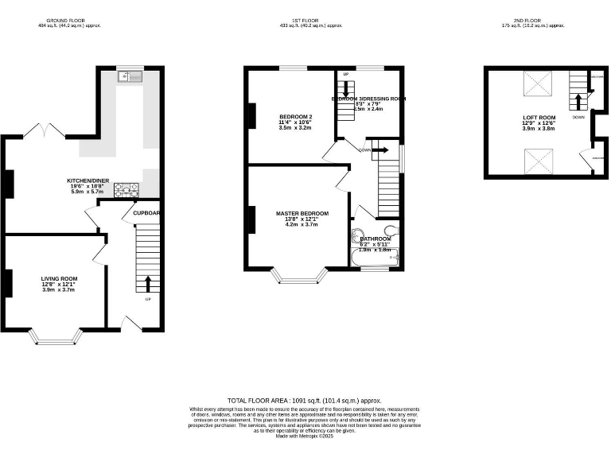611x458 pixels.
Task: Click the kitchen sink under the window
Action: (x=127, y=76)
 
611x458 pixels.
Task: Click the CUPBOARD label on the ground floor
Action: (x=146, y=213)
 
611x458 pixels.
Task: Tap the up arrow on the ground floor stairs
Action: (x=148, y=284)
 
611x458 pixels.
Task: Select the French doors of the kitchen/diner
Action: (x=43, y=130)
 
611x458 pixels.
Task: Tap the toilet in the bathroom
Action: (x=388, y=233)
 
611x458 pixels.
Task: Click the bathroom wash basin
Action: (x=356, y=236)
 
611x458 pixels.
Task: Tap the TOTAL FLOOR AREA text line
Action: (x=305, y=401)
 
